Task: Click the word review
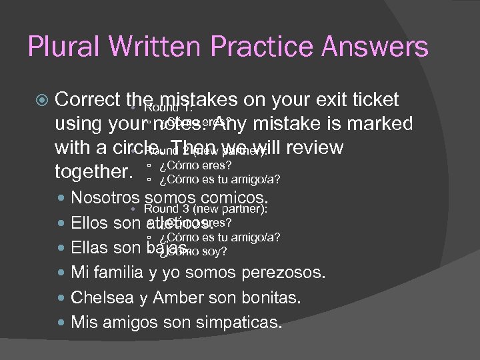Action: (x=310, y=147)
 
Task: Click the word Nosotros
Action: (x=105, y=198)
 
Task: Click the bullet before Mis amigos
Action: (x=63, y=323)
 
